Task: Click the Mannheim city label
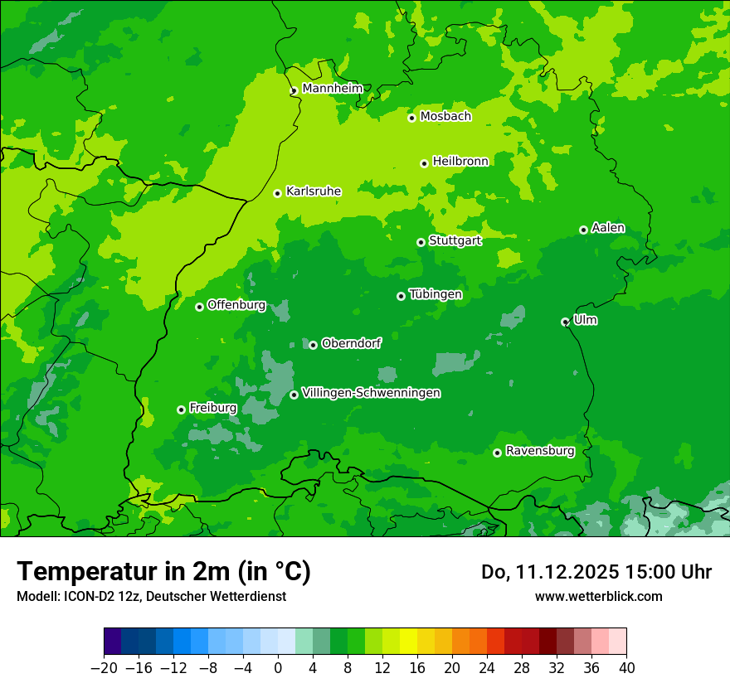coord(333,88)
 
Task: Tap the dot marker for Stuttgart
coord(421,242)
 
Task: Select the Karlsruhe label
coord(314,191)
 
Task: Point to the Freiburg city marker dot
coord(181,409)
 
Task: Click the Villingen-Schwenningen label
coord(372,393)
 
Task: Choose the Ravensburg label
coord(540,451)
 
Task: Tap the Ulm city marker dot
coord(565,322)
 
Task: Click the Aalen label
coord(608,228)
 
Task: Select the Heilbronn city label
coord(460,161)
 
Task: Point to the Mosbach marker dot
coord(411,118)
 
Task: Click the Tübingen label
coord(436,294)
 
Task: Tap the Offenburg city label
coord(236,304)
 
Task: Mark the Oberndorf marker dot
coord(313,345)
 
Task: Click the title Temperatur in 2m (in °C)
coord(164,571)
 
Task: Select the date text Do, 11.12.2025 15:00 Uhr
coord(596,572)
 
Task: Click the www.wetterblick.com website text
coord(598,596)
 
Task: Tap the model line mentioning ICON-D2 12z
coord(151,596)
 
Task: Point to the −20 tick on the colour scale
coord(105,668)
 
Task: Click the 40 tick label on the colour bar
coord(626,668)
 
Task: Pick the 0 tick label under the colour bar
coord(278,668)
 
